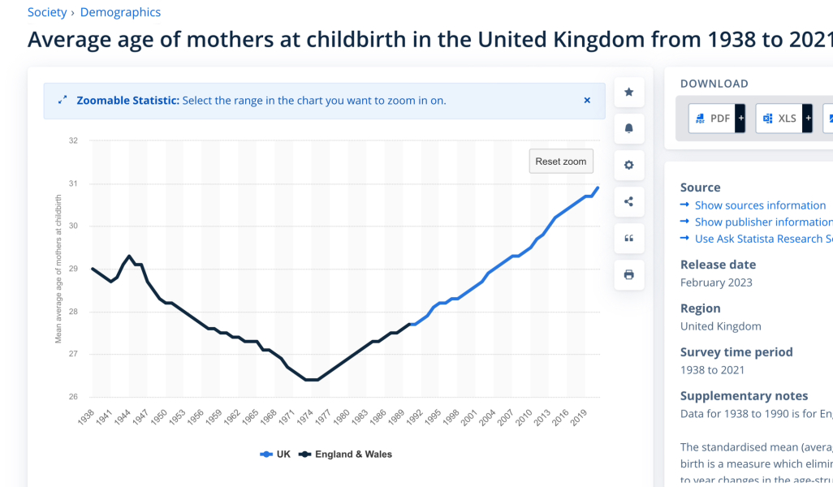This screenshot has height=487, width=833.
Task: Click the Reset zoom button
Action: click(x=560, y=162)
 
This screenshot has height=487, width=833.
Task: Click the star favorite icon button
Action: click(x=628, y=93)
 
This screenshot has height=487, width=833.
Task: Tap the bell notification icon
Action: click(x=628, y=129)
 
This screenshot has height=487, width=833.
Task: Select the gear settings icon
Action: click(x=628, y=166)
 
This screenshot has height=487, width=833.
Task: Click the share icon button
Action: click(x=628, y=202)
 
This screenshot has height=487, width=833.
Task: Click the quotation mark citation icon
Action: click(x=628, y=239)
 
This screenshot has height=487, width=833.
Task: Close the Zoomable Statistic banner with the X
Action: click(x=587, y=101)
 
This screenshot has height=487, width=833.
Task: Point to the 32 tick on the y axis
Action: click(x=73, y=140)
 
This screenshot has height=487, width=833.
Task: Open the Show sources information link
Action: click(x=760, y=205)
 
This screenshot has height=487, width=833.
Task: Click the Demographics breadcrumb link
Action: click(x=120, y=12)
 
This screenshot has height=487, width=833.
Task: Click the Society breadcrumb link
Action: click(x=47, y=12)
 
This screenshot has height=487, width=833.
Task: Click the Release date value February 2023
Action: click(x=716, y=282)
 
